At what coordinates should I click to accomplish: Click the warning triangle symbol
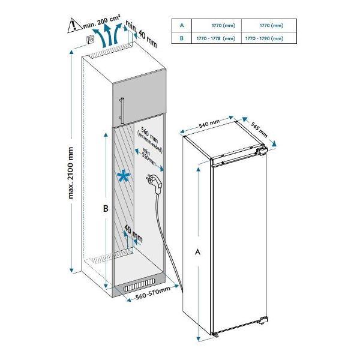coord(73,25)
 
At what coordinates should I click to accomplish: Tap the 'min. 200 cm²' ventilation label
coord(104,24)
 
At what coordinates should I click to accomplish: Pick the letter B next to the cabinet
coord(104,209)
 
